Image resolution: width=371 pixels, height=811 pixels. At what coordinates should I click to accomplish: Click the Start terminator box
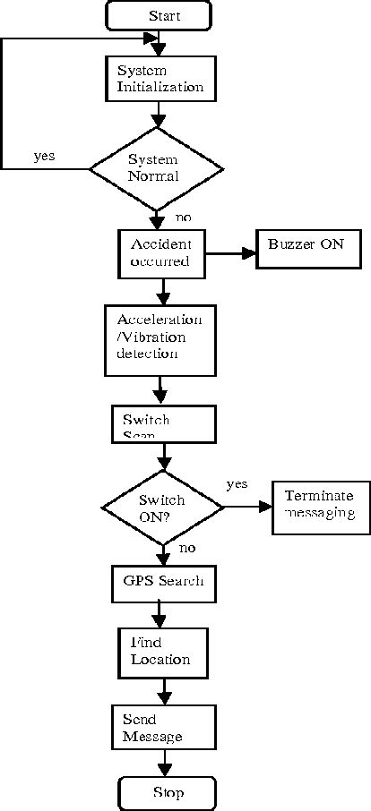(159, 15)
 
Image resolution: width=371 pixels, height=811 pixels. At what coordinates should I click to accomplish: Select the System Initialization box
(160, 79)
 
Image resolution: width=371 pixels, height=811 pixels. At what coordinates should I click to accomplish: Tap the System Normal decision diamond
(158, 167)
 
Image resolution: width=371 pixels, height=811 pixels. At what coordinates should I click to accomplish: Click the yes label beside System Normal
(44, 156)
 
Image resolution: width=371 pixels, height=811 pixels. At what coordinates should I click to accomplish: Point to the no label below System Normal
(183, 218)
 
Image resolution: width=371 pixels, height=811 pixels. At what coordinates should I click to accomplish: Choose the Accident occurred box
(162, 253)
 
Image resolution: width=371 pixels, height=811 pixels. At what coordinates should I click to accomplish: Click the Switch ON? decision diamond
(162, 508)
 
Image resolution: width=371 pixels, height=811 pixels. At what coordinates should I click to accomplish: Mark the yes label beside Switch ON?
(237, 484)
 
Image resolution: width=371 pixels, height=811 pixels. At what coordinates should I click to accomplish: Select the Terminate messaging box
(319, 506)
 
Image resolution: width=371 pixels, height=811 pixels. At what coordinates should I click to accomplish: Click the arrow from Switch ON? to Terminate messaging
(247, 508)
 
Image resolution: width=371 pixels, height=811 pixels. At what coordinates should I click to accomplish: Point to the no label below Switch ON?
(187, 548)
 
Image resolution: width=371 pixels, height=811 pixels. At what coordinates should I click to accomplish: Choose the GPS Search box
(162, 581)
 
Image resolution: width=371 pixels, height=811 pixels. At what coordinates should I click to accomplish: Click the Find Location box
(162, 651)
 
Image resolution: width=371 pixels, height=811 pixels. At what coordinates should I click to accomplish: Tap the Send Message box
(163, 728)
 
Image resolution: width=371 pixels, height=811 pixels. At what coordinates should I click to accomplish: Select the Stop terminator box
(168, 793)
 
